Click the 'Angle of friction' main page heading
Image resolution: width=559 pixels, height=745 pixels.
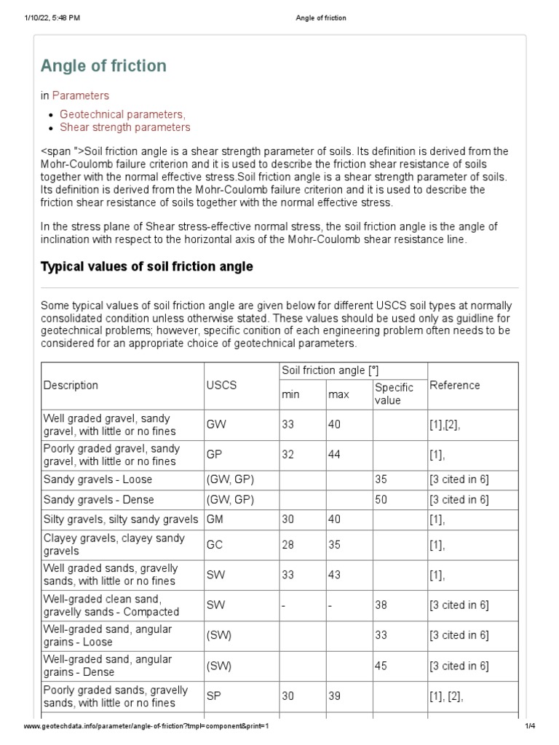[103, 66]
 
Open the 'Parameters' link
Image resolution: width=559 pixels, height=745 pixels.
[80, 95]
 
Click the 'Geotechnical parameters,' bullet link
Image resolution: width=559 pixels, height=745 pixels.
[122, 114]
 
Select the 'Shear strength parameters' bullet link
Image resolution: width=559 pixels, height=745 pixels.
[124, 127]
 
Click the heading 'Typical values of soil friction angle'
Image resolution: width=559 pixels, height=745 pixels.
[146, 267]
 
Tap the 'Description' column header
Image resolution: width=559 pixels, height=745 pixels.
[71, 386]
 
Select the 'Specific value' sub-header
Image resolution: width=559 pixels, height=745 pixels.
[394, 394]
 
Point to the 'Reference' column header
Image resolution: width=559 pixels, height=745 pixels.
[455, 386]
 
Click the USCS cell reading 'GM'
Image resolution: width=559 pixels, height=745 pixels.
[215, 519]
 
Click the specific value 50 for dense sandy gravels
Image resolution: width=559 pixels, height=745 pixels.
[381, 499]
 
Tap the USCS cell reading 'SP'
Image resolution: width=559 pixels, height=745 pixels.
[214, 696]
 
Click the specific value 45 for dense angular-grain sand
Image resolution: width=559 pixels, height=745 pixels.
[381, 666]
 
